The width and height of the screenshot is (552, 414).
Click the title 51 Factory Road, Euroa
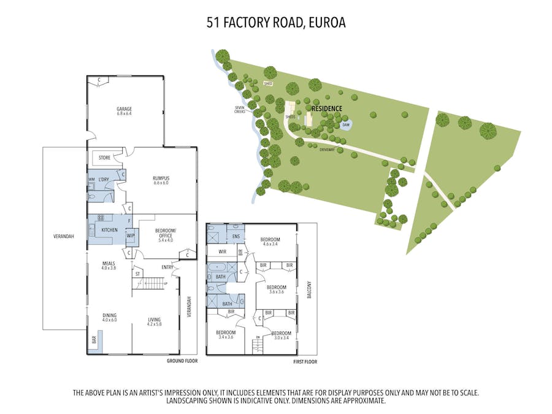(x=275, y=23)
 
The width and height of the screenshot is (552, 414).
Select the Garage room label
(x=125, y=111)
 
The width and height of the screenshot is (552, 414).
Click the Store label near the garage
(x=104, y=158)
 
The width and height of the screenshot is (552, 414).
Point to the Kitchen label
(x=109, y=230)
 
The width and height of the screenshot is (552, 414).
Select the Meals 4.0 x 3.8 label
(x=109, y=266)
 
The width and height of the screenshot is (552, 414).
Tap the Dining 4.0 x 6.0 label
(x=109, y=318)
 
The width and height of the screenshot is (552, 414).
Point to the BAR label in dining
(x=94, y=339)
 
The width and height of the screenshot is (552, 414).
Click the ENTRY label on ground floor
(x=167, y=267)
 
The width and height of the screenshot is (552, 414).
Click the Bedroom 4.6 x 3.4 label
(x=270, y=242)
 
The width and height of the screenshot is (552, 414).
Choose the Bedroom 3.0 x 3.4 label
(x=282, y=335)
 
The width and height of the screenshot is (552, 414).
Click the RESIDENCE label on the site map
(x=327, y=109)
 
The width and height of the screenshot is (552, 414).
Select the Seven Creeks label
(x=240, y=110)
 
